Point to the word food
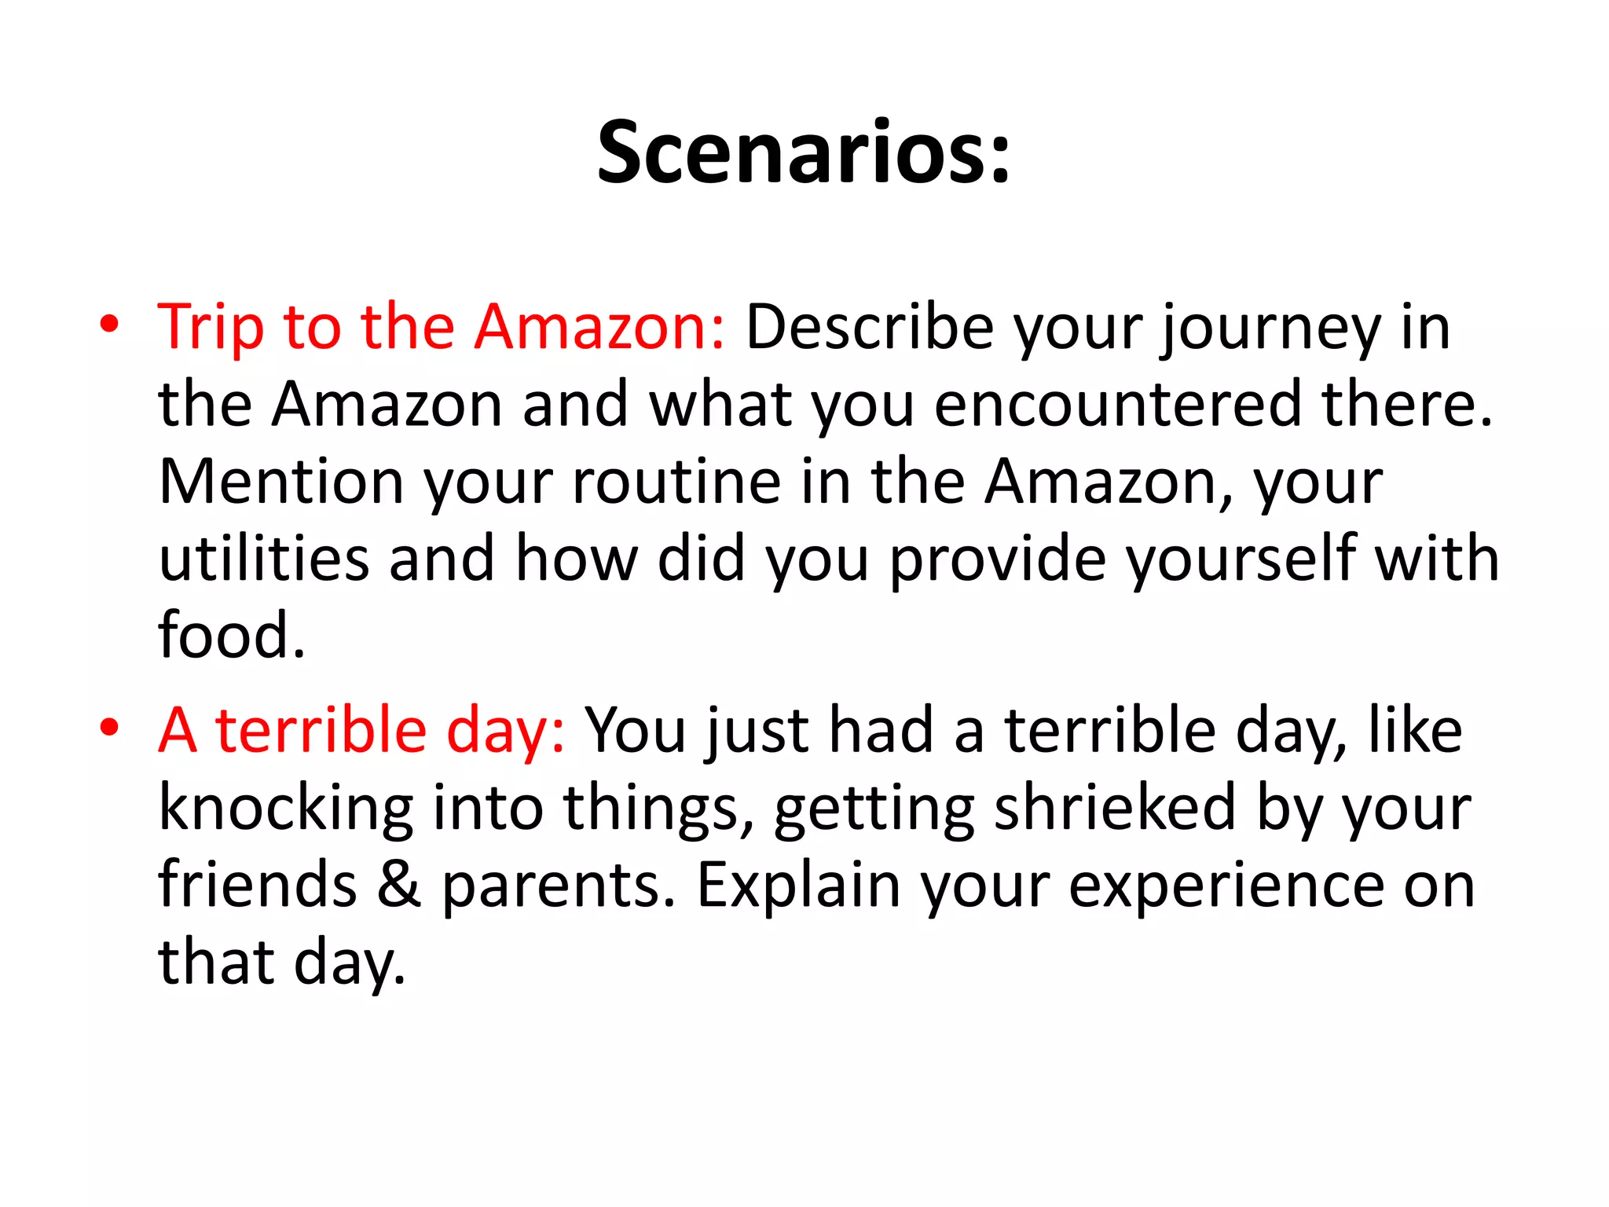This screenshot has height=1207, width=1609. (x=231, y=635)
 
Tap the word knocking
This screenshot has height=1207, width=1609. (x=286, y=809)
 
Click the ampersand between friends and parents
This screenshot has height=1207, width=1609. (x=399, y=885)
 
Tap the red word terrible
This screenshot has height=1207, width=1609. (x=321, y=731)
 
